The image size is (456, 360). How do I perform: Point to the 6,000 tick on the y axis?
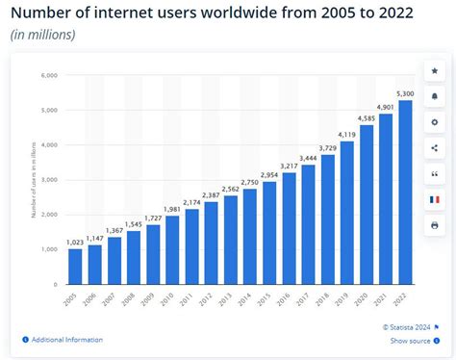47,75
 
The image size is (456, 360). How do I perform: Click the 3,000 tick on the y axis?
47,180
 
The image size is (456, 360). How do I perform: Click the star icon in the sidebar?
435,71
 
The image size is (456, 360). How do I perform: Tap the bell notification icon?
435,96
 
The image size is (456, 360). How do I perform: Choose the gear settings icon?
435,122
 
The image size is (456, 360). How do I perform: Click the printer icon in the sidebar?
435,224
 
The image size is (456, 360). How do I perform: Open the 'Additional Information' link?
66,340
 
